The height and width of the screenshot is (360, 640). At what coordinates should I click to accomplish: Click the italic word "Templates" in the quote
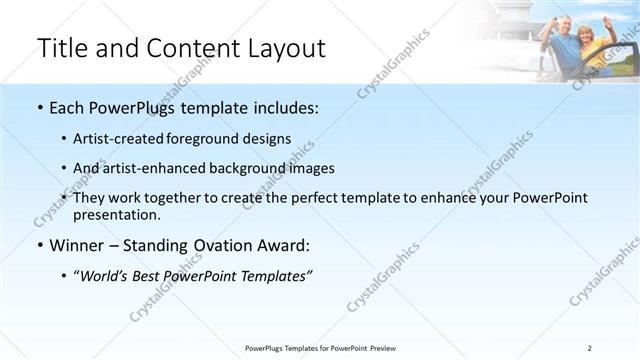click(x=275, y=276)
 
